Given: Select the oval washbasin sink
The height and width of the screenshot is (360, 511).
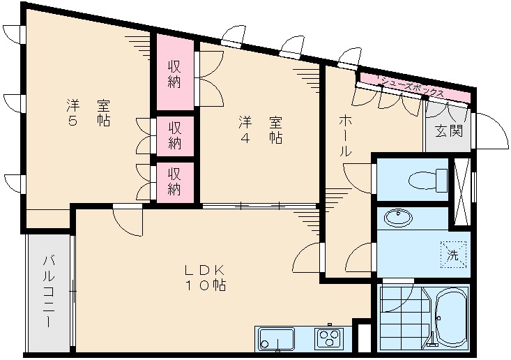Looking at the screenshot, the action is pos(398,217).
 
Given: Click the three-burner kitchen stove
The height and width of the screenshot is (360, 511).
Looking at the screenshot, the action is pos(329,338).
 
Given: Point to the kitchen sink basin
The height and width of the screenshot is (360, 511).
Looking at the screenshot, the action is pos(276,339).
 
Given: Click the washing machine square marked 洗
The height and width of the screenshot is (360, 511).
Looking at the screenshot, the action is pos(454,255).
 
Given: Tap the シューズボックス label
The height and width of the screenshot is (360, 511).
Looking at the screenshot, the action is pos(413,86).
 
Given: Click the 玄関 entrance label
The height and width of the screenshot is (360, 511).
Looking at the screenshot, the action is pos(449,130).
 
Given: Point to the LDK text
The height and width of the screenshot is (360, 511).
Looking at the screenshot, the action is pos(205,270).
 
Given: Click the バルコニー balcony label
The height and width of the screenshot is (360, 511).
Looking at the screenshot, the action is pos(49,292).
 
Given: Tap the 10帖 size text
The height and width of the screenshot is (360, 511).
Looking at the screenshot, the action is pos(206,285).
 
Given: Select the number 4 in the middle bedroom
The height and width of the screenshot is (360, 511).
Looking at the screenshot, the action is pos(245,138).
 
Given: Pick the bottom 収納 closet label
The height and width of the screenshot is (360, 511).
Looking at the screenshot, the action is pos(174,182).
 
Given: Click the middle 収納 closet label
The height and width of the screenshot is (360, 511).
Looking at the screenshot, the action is pos(174,136).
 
